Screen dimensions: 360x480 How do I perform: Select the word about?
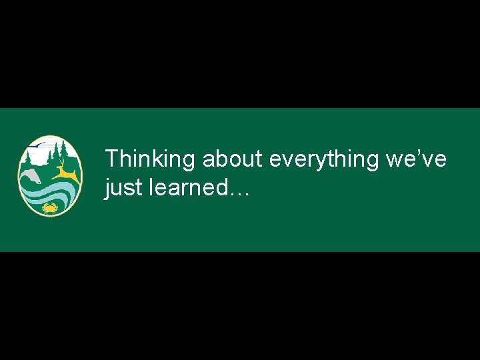[x=232, y=159]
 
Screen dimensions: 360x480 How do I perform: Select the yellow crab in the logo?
[x=49, y=209]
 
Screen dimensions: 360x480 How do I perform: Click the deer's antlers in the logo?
[x=61, y=163]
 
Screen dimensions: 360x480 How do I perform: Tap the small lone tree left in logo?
[x=26, y=158]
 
